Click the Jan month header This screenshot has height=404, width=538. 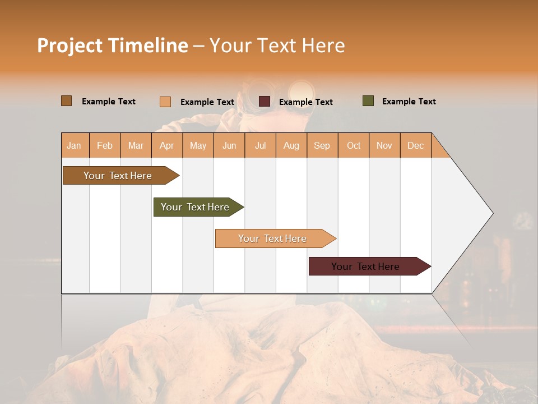75,145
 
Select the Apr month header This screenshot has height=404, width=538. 167,145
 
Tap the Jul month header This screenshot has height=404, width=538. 260,145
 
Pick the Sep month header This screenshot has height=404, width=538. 322,145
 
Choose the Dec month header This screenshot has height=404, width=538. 415,145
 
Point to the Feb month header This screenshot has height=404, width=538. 105,145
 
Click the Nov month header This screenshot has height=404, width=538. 384,145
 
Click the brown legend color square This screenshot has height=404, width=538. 67,101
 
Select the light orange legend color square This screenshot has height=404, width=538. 165,102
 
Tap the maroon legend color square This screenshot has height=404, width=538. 265,102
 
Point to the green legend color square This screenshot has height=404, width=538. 368,101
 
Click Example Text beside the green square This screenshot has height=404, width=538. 409,102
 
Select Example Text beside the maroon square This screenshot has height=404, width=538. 305,102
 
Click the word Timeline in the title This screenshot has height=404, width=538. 148,45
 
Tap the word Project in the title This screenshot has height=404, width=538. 69,45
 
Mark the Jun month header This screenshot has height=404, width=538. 229,145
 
